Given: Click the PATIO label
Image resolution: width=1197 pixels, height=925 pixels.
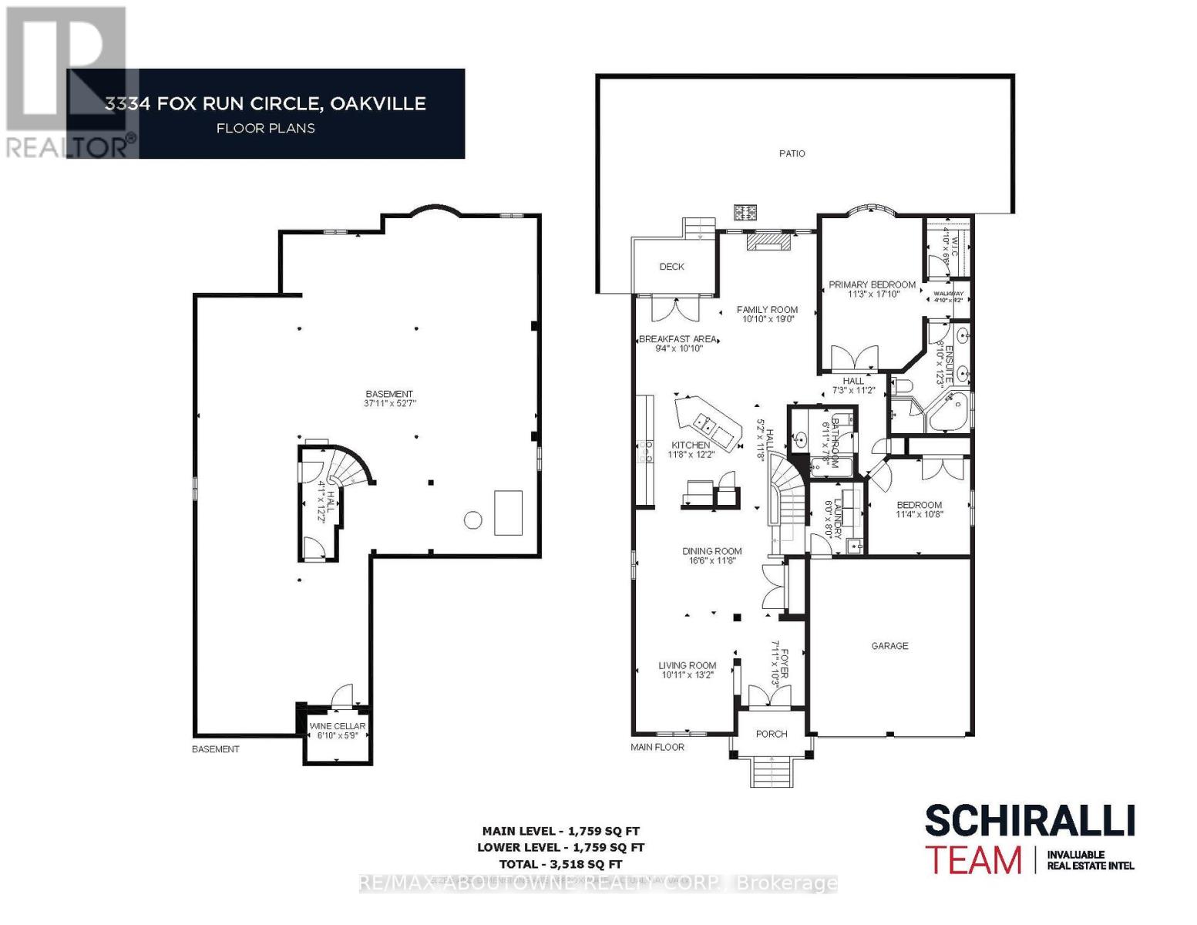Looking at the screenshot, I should (792, 153).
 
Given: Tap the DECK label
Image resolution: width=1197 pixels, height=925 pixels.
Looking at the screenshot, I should (671, 267).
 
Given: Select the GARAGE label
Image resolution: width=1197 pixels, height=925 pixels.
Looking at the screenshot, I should (889, 646).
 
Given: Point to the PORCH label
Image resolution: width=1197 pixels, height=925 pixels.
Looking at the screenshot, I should (772, 734).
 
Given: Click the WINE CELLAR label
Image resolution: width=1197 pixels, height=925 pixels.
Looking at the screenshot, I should (338, 726).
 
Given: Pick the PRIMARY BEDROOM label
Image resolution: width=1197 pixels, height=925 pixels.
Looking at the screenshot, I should (872, 284).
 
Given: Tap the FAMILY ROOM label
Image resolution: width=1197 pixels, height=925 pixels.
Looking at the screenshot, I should (767, 310).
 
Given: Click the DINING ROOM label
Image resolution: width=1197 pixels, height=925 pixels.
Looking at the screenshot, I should (711, 551).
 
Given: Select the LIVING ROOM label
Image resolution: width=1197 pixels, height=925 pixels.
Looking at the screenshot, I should (687, 665).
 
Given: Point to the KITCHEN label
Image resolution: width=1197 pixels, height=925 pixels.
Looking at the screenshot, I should (691, 446).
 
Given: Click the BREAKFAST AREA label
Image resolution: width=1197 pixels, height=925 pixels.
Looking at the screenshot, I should (678, 339).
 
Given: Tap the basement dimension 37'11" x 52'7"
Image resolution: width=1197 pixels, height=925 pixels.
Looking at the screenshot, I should (389, 403).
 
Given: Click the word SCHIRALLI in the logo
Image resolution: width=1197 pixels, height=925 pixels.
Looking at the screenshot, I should (1029, 821).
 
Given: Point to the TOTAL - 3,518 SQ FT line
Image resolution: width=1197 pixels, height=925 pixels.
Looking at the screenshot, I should (560, 864).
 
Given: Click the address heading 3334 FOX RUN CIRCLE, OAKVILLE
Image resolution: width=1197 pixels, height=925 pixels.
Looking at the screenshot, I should (265, 104).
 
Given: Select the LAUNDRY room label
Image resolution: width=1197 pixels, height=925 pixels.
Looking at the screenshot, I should (829, 518).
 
